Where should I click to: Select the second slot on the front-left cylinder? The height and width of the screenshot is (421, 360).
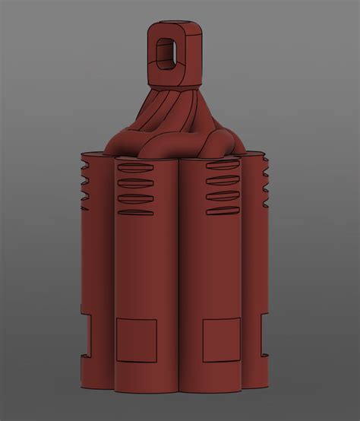coord(135,185)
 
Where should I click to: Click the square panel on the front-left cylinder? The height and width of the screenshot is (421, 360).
coord(136,340)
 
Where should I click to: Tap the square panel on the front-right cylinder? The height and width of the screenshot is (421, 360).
coord(222,340)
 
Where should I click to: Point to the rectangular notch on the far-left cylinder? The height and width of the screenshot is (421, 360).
coord(86,334)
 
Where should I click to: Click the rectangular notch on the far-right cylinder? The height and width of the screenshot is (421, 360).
coord(265,334)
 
